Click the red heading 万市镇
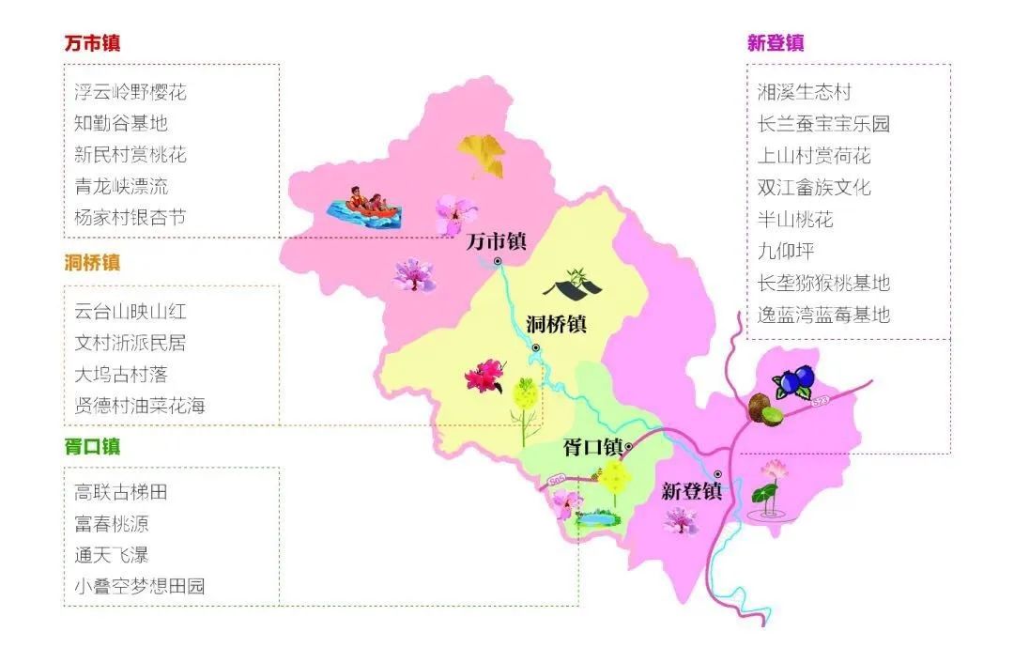(x=92, y=43)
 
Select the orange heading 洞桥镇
(x=92, y=263)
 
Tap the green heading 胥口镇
(x=92, y=446)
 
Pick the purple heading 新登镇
(x=776, y=43)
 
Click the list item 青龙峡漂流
(x=121, y=186)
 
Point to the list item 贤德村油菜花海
(x=139, y=406)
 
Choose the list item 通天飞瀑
(x=112, y=554)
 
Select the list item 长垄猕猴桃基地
(x=823, y=283)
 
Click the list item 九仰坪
(x=786, y=251)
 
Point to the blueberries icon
(x=794, y=381)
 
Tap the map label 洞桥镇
(x=556, y=325)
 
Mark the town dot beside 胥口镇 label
(x=629, y=446)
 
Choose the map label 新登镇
(x=691, y=491)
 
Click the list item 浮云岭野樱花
(x=131, y=92)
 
